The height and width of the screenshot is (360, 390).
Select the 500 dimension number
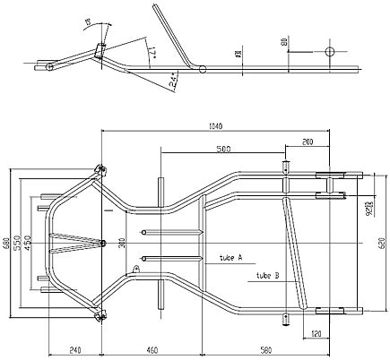click(223, 149)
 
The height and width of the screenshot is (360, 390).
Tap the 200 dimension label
click(308, 142)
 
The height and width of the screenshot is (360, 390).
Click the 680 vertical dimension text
click(6, 241)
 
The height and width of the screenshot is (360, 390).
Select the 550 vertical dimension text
click(18, 241)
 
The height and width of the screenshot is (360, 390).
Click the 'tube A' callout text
click(230, 257)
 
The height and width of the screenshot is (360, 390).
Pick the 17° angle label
click(153, 56)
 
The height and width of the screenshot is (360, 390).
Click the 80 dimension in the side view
click(284, 41)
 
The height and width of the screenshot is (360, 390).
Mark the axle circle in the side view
click(329, 50)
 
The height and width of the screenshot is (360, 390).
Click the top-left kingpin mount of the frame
click(100, 167)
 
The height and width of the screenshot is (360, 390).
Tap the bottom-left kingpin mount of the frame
click(100, 313)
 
